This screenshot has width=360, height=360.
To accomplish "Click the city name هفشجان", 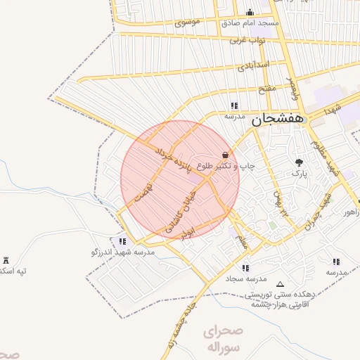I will pos(280,120).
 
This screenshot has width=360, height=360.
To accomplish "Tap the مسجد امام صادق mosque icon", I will pos(250,12).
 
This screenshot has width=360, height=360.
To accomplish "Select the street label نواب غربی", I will pos(247,41).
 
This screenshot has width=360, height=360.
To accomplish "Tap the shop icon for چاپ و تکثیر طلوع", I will pos(225,155).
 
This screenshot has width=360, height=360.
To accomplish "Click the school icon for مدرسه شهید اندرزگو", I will pos(123,240).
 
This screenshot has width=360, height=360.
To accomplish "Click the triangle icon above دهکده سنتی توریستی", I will pos(281,285).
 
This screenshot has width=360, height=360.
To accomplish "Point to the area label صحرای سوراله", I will pos(224,339).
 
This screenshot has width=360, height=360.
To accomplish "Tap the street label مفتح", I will pos(267,89).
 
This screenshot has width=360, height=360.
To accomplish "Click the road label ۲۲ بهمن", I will pos(282,203).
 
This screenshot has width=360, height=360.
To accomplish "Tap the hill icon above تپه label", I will pos(6,261).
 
